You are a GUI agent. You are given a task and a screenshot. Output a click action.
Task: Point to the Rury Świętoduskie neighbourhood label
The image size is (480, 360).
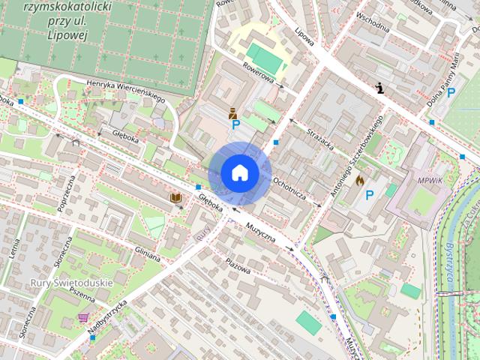pyautogui.click(x=71, y=283)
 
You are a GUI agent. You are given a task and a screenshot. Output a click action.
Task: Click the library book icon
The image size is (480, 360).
pyautogui.click(x=176, y=197)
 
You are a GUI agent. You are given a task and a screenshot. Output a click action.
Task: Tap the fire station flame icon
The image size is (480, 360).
pyautogui.click(x=360, y=181)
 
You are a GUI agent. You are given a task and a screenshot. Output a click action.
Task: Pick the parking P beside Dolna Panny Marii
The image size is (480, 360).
pyautogui.click(x=451, y=93)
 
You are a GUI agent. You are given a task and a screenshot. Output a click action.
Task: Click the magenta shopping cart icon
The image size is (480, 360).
pyautogui.click(x=83, y=318)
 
